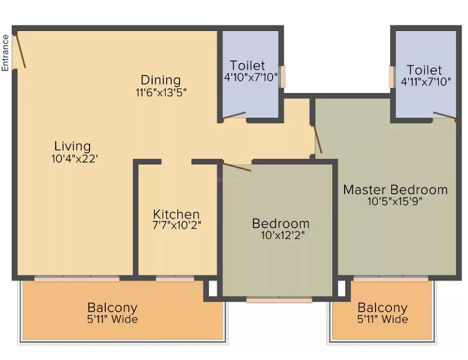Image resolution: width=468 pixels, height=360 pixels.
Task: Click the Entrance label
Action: tap(5, 53)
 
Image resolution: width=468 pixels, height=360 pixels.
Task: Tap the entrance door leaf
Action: tap(20, 51)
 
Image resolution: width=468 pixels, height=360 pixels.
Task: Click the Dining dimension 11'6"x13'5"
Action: tap(161, 92)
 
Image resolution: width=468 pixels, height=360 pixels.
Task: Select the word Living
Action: tap(73, 146)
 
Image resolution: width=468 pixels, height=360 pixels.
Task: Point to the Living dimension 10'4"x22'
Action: tap(75, 159)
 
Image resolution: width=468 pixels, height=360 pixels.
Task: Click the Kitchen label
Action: tap(176, 214)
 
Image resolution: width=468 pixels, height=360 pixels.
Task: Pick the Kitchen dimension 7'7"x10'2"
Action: tap(177, 225)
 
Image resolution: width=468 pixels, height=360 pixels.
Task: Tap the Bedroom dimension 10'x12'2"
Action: tap(283, 235)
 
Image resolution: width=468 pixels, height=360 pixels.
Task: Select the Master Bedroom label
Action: tap(395, 190)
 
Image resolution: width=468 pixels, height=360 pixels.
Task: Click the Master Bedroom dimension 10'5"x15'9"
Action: tap(395, 201)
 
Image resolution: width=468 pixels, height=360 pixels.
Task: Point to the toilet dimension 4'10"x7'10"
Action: tap(251, 77)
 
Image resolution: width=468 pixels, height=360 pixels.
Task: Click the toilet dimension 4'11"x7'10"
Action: tap(426, 81)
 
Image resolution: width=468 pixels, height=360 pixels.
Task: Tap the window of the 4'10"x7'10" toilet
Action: tap(282, 77)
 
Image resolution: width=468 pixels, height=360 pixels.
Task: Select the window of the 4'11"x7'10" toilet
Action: tap(392, 77)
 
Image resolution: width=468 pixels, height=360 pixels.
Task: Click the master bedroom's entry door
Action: tap(316, 139)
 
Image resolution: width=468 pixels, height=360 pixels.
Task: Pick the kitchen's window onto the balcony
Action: tap(175, 279)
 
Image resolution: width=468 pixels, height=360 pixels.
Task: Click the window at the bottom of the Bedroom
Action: tap(279, 300)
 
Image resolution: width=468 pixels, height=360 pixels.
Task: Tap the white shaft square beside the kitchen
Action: tap(212, 289)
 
